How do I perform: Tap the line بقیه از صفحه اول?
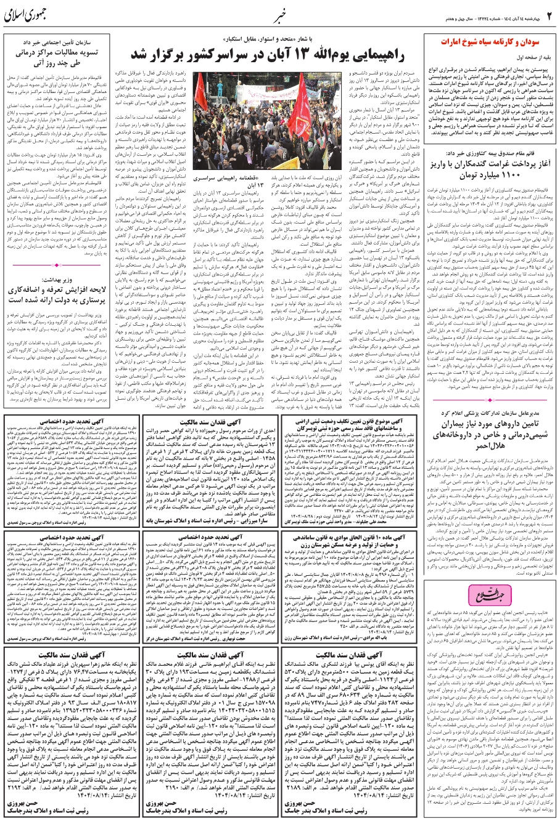point(531,57)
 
